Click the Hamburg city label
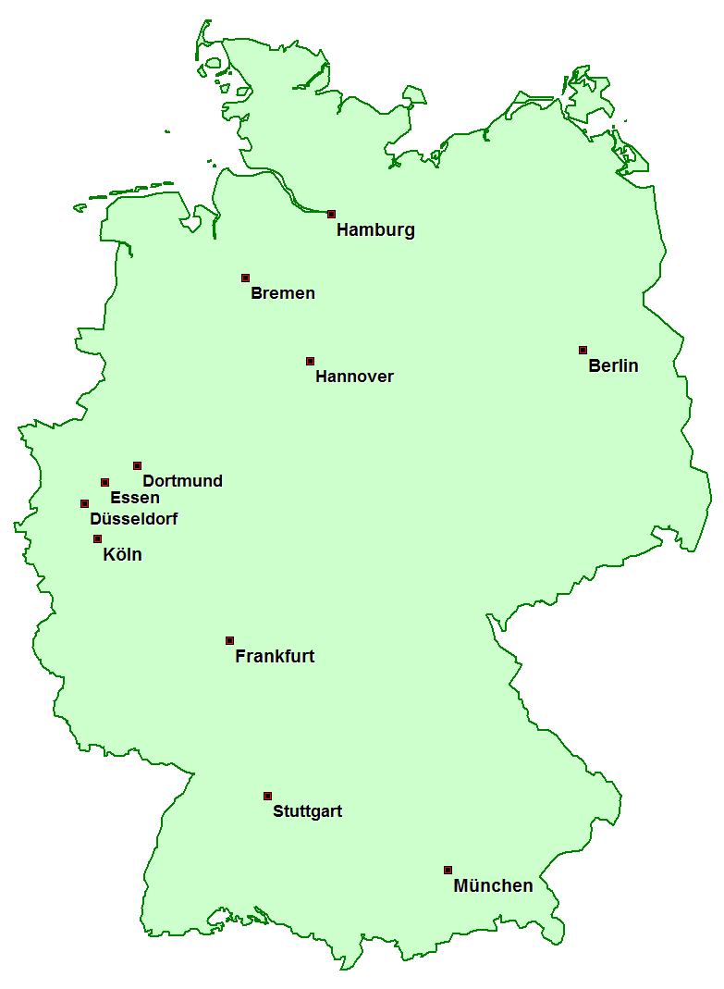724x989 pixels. [x=375, y=230]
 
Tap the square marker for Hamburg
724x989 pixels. [x=331, y=214]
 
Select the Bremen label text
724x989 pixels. [x=283, y=293]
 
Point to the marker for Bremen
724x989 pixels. [x=245, y=278]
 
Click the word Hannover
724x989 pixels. [x=354, y=377]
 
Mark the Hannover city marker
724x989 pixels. [x=310, y=361]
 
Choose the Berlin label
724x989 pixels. [x=613, y=365]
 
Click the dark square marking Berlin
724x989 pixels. [x=583, y=350]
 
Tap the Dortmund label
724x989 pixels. [x=182, y=481]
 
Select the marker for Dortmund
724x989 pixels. [x=137, y=465]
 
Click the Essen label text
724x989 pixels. [x=135, y=498]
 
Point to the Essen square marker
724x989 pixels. [x=104, y=482]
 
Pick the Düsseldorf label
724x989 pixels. [x=134, y=519]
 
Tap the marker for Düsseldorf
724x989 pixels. [x=84, y=503]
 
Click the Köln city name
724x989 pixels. [x=123, y=555]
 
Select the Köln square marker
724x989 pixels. [x=97, y=538]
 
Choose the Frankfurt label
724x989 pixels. [x=275, y=656]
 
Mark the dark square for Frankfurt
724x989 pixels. [x=229, y=640]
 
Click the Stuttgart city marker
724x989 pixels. [x=267, y=796]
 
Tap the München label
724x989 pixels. [x=493, y=885]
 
